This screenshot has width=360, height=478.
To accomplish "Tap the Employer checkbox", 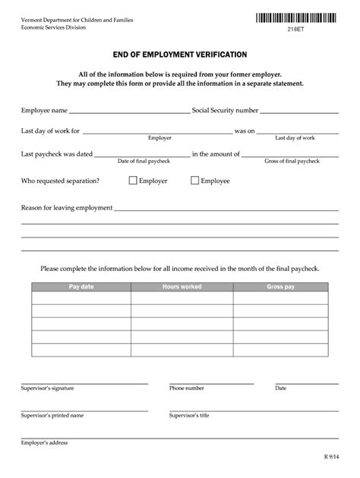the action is [133, 181].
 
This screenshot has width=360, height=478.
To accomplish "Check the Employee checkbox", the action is [194, 181].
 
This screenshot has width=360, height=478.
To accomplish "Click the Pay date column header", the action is [81, 287].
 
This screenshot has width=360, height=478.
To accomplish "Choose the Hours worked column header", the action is [182, 287].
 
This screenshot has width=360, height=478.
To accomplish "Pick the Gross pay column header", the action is [280, 287].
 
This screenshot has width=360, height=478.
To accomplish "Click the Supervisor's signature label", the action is [47, 388].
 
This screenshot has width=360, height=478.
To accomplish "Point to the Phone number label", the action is [186, 388].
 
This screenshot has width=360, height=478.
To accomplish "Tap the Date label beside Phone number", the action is [280, 388].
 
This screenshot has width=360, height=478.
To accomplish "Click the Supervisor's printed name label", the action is [52, 416].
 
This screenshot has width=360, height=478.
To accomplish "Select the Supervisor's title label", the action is [191, 416].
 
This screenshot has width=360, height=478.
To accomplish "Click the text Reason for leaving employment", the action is [67, 208].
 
